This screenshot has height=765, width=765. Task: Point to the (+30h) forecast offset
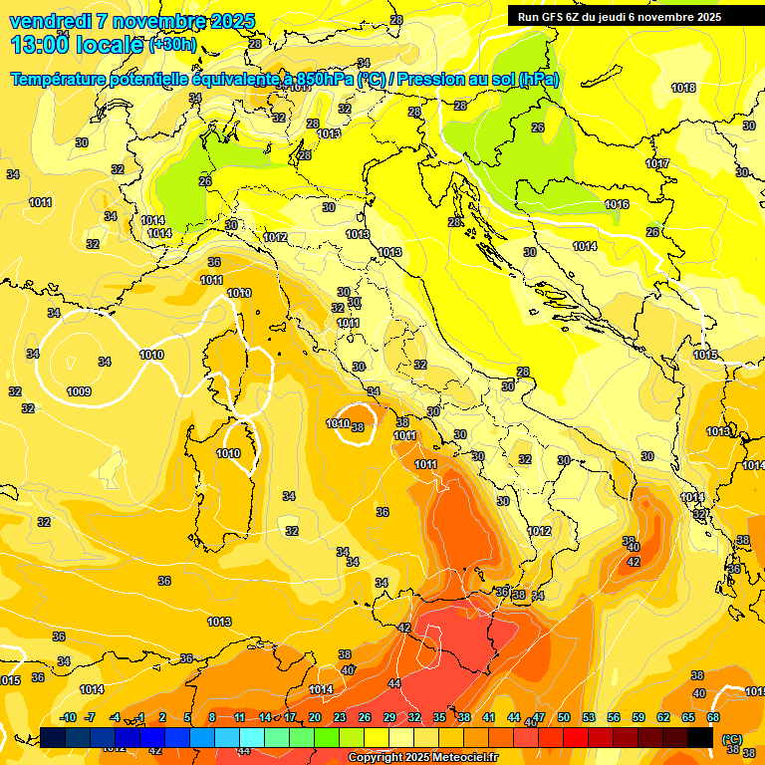coord(172,45)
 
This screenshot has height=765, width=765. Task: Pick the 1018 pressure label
coord(683,88)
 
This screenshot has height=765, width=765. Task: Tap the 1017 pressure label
coord(657,163)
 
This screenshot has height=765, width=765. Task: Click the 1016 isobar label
coord(617,204)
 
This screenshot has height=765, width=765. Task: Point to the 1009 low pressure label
coord(80,391)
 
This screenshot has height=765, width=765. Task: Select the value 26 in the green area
coord(538,127)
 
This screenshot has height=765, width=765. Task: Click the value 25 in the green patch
coord(205,181)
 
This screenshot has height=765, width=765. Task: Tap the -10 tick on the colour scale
coord(69,717)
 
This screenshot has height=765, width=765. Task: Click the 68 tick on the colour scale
coord(713,717)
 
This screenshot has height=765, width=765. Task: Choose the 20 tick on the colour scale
coord(315,717)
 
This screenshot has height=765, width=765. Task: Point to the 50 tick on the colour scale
coord(564,717)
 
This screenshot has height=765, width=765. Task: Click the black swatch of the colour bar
coord(700,737)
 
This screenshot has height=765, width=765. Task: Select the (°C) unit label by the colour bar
coord(732,738)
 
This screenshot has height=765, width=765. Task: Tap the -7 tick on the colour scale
coord(91,717)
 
